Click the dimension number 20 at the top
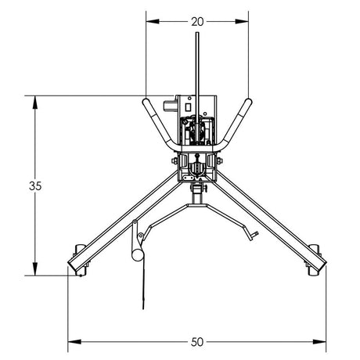197,21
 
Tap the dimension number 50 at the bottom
196,342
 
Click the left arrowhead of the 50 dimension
73,341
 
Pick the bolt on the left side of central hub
175,162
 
